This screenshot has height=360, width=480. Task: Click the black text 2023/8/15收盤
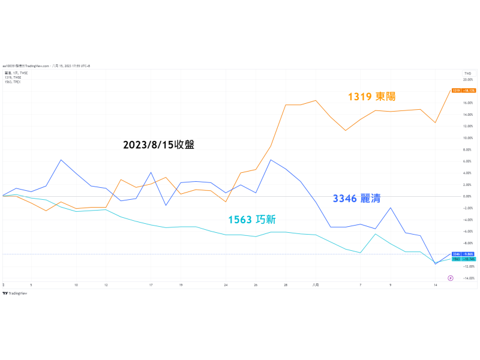(x=158, y=145)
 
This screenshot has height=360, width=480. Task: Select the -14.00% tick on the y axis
(x=468, y=278)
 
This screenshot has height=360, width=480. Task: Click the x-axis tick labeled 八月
(x=315, y=285)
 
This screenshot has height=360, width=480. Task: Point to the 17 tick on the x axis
(x=151, y=285)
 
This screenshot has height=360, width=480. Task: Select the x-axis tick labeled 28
(x=286, y=285)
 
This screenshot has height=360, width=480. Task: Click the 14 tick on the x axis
(x=435, y=285)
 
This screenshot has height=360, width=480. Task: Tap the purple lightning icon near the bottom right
(x=451, y=278)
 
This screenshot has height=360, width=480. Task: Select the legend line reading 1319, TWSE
(x=13, y=77)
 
